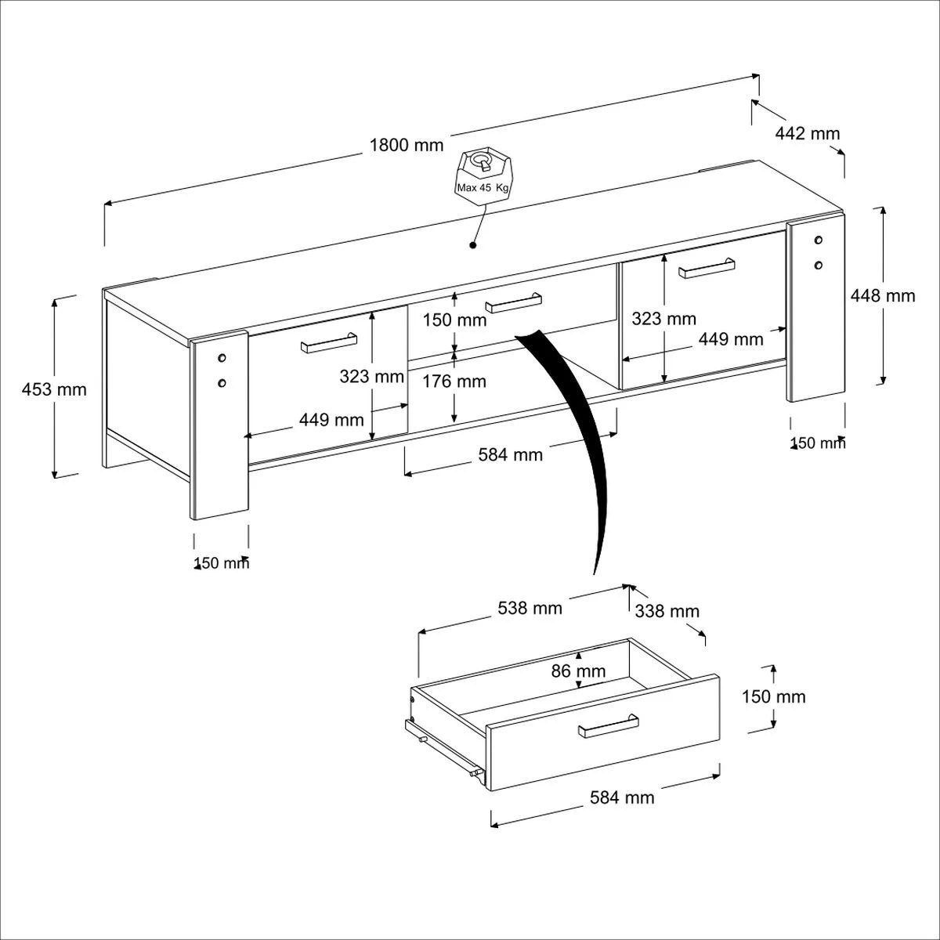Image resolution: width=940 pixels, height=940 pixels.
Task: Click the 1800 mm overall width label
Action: [407, 146]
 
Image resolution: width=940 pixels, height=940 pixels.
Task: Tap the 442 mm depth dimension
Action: [808, 134]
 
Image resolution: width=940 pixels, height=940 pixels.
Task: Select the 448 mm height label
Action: [883, 295]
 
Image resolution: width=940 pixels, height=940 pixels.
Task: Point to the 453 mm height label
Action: [54, 389]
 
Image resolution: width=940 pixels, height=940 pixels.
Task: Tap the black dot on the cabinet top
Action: [472, 245]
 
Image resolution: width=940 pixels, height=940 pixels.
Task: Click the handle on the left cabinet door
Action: [329, 342]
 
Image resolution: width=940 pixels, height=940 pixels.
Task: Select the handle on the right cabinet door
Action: [707, 268]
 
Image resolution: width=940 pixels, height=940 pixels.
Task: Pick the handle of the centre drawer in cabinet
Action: [513, 302]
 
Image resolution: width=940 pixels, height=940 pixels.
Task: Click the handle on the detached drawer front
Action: [609, 726]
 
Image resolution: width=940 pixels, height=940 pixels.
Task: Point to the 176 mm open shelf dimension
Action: [454, 381]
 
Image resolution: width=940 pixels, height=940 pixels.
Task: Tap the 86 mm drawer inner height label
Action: [579, 671]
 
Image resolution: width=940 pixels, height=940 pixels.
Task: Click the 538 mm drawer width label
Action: [530, 609]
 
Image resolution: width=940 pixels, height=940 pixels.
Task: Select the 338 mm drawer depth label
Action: [667, 611]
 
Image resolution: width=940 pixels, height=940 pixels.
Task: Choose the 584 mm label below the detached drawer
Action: [622, 797]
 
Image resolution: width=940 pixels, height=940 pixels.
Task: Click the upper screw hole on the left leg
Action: [222, 358]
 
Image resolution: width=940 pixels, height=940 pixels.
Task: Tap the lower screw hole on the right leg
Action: [818, 265]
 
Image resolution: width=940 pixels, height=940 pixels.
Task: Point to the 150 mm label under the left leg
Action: [222, 563]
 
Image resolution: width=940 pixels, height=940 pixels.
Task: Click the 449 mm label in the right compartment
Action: [731, 339]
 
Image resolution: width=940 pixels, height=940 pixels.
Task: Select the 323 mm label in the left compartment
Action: [372, 376]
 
